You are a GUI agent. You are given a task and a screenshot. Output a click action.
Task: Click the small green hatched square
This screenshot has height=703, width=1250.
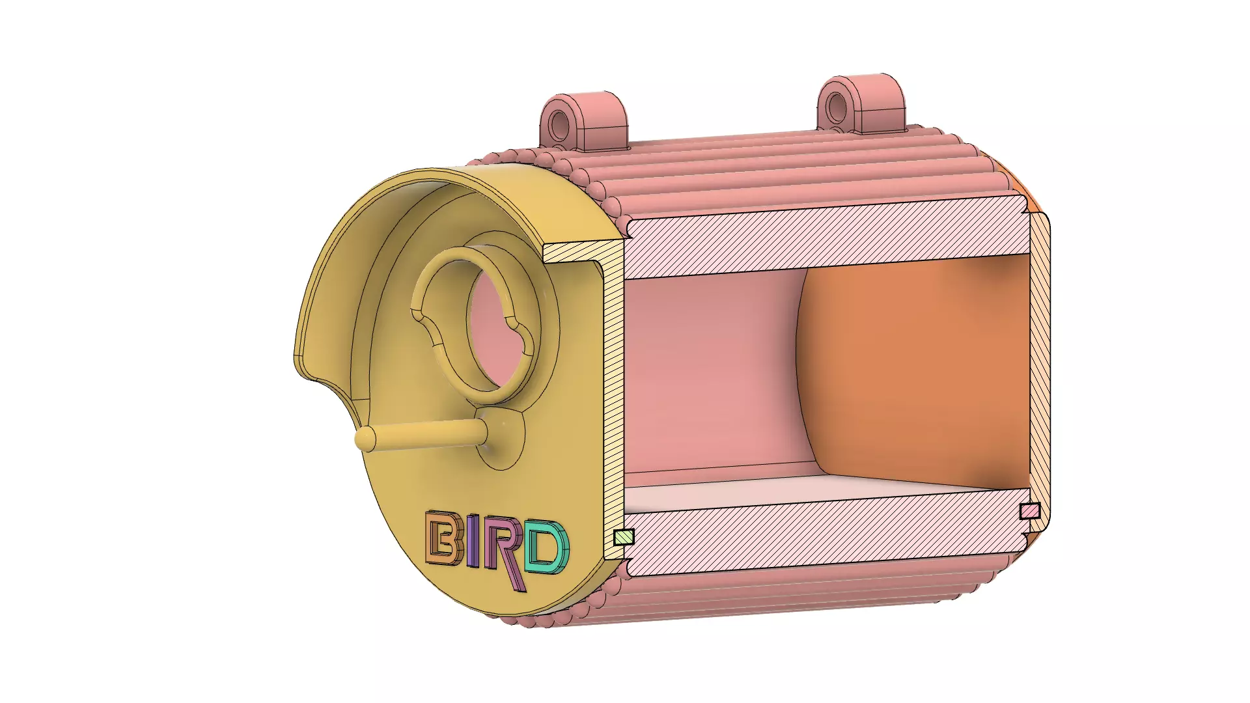(x=624, y=537)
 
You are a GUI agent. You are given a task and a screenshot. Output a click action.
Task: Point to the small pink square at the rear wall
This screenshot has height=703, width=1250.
(x=1029, y=511)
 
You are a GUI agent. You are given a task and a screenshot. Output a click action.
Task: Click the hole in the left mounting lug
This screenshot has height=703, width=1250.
(x=559, y=124)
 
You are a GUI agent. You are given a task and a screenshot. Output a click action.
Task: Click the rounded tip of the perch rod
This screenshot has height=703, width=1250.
(x=364, y=439)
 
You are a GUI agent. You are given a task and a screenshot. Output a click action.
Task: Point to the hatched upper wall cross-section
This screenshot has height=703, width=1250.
(x=820, y=238)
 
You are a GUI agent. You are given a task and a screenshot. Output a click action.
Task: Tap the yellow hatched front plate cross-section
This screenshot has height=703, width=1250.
(x=613, y=404)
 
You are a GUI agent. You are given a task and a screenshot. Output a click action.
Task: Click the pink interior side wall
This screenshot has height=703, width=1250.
(x=710, y=371)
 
